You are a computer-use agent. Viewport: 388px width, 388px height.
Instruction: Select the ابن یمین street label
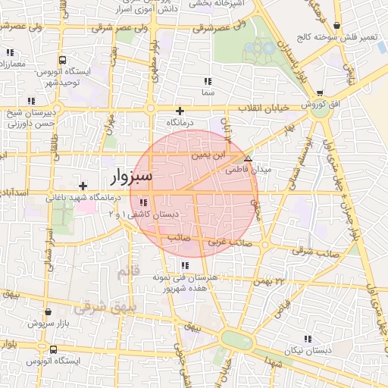[x=208, y=155]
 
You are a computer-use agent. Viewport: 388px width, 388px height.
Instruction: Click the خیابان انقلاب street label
[x=264, y=108]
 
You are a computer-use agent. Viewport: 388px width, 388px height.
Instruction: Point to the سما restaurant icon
[x=208, y=81]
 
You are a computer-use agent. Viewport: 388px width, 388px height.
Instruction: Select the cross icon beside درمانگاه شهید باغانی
[x=83, y=185]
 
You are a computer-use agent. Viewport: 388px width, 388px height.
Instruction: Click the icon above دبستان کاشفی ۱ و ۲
[x=143, y=202]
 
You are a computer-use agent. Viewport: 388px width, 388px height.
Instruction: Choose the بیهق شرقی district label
[x=96, y=308]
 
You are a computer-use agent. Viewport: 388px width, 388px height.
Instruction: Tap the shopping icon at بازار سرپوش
[x=48, y=311]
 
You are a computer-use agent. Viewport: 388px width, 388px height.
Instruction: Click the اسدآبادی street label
[x=14, y=193]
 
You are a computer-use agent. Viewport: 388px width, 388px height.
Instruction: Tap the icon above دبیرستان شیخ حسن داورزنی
[x=32, y=101]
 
